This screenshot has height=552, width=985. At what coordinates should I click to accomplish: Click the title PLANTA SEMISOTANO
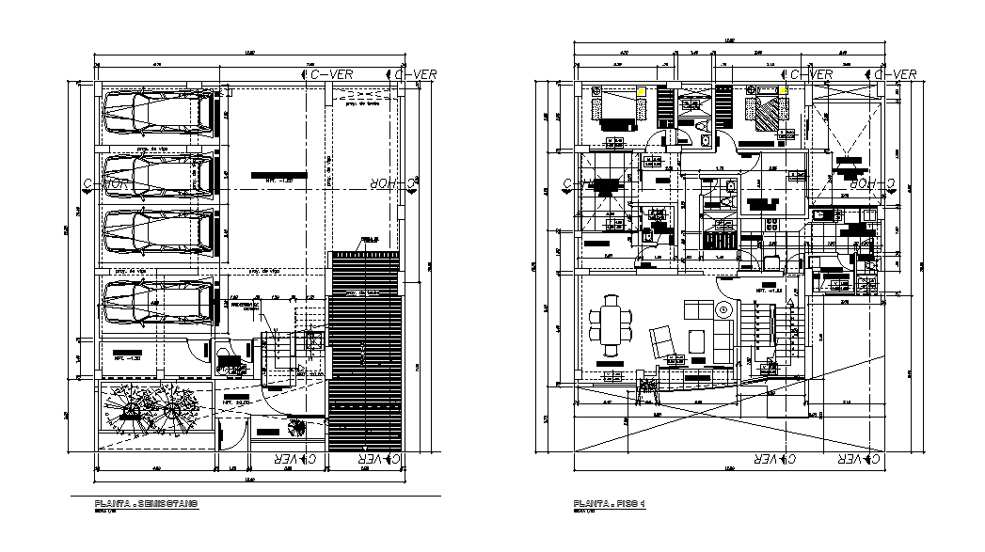click(146, 506)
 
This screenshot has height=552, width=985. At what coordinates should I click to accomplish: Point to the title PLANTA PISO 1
click(611, 506)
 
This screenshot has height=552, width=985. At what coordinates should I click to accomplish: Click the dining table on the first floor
click(612, 324)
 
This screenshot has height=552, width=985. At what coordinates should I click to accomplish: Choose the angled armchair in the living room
click(661, 338)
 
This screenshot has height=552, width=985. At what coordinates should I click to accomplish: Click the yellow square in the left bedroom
click(640, 91)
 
